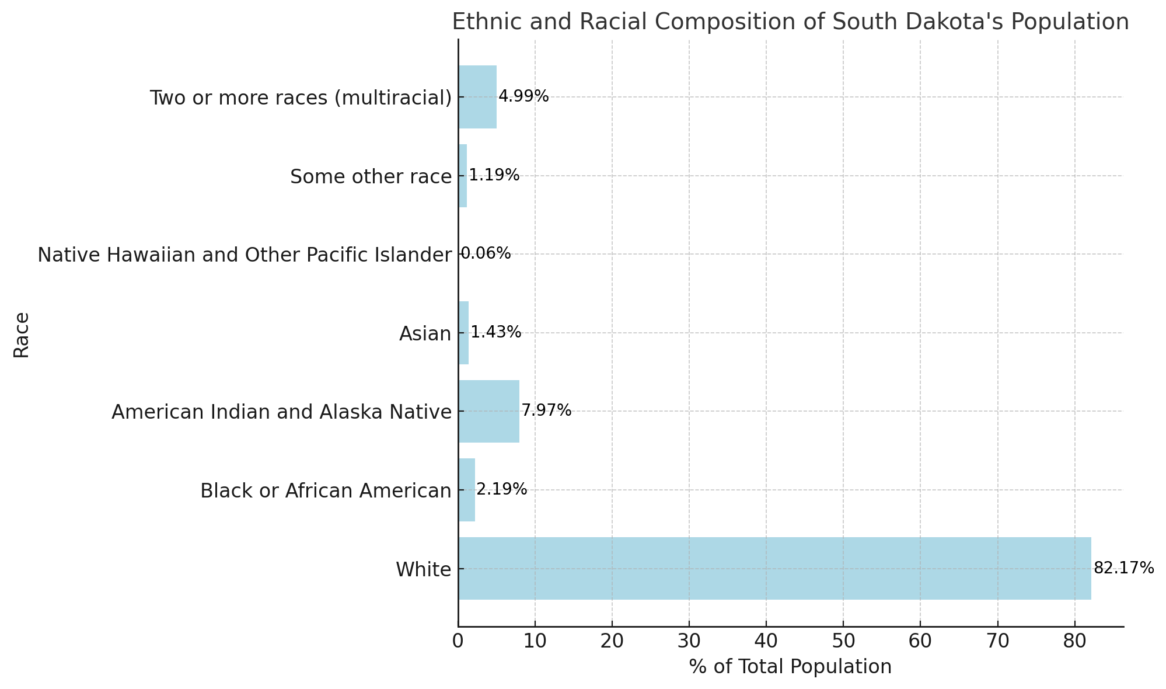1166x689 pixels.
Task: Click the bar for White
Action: [774, 568]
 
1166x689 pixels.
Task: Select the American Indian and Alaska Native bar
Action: [488, 411]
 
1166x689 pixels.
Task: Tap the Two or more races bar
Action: [477, 97]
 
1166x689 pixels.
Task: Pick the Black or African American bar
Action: [467, 490]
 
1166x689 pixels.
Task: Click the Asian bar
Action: [463, 333]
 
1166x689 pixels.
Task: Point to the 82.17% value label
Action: [1123, 568]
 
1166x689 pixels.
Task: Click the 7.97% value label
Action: [546, 410]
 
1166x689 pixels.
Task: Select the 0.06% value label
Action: [486, 253]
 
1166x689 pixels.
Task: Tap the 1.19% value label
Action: [494, 175]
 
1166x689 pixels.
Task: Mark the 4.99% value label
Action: [523, 96]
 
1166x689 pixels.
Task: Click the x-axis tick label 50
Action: [843, 642]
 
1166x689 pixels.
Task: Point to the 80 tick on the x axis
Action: [1074, 642]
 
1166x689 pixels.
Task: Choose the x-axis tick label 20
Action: [612, 642]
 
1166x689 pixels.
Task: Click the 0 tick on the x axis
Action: [458, 642]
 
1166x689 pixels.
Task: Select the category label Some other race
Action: [371, 176]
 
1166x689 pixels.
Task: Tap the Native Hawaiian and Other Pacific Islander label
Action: [245, 255]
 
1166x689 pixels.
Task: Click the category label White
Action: [423, 569]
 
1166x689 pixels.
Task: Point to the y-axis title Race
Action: [22, 334]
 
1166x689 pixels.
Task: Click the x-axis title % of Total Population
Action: [790, 667]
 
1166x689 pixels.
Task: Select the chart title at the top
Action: [790, 22]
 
